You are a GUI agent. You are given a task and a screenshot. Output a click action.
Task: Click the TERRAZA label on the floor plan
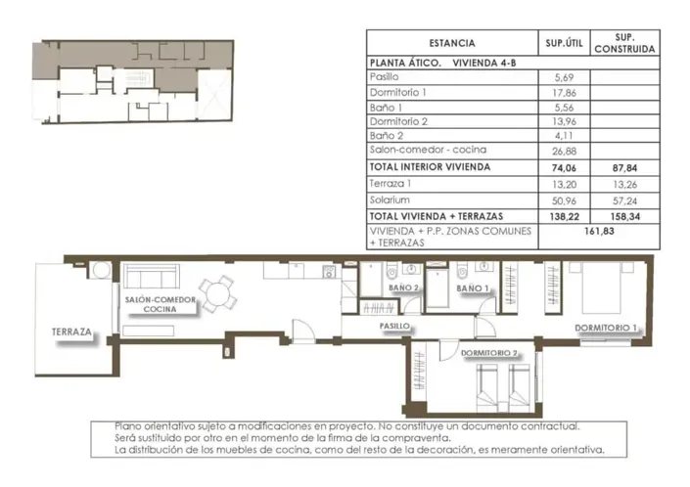72,332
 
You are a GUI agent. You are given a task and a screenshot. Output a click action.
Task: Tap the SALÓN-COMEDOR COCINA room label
160,304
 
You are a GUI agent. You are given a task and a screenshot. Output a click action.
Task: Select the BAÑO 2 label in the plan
402,288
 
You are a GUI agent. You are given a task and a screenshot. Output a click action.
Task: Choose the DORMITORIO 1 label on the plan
607,329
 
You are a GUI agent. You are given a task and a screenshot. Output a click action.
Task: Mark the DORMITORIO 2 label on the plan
488,353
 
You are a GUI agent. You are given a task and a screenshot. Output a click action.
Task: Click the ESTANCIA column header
451,43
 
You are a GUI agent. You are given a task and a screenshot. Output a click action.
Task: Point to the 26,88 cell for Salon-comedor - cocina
563,151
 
